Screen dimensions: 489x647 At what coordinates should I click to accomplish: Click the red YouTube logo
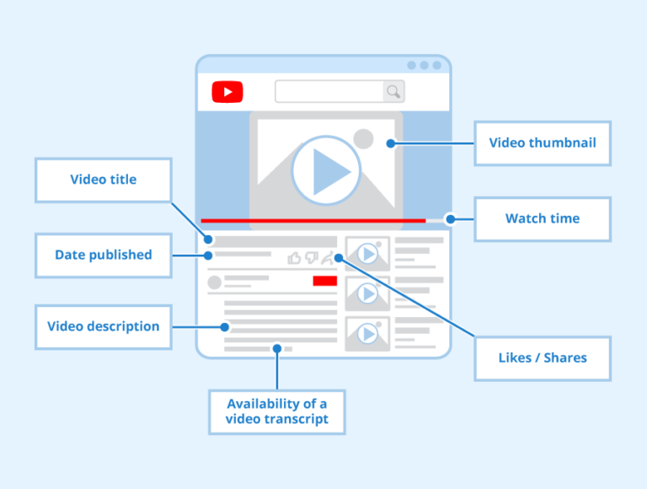(227, 91)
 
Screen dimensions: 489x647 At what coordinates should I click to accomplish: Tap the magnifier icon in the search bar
(393, 91)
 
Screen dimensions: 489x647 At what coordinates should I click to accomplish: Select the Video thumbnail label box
(542, 142)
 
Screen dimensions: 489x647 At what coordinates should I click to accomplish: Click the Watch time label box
(542, 218)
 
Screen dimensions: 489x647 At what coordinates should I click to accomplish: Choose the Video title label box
(103, 180)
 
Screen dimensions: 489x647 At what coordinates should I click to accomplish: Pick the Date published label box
(103, 255)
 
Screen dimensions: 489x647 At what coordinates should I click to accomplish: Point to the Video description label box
(103, 326)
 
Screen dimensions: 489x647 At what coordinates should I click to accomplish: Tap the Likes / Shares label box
(542, 357)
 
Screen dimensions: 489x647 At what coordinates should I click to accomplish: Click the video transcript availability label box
(276, 411)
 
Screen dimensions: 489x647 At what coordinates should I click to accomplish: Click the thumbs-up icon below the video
(294, 258)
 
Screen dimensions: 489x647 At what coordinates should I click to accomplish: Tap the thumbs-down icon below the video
(311, 258)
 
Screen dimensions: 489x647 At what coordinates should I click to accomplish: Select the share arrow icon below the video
(328, 258)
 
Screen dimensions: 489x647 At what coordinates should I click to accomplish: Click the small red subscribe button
(324, 281)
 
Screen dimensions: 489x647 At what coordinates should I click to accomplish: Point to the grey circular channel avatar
(214, 282)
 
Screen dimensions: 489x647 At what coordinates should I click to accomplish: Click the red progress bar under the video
(313, 220)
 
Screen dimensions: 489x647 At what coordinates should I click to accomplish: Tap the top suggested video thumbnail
(367, 253)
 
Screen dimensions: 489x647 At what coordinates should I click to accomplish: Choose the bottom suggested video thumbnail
(367, 334)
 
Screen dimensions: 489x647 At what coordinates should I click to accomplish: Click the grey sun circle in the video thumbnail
(363, 138)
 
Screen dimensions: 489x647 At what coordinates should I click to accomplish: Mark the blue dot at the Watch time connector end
(450, 218)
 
